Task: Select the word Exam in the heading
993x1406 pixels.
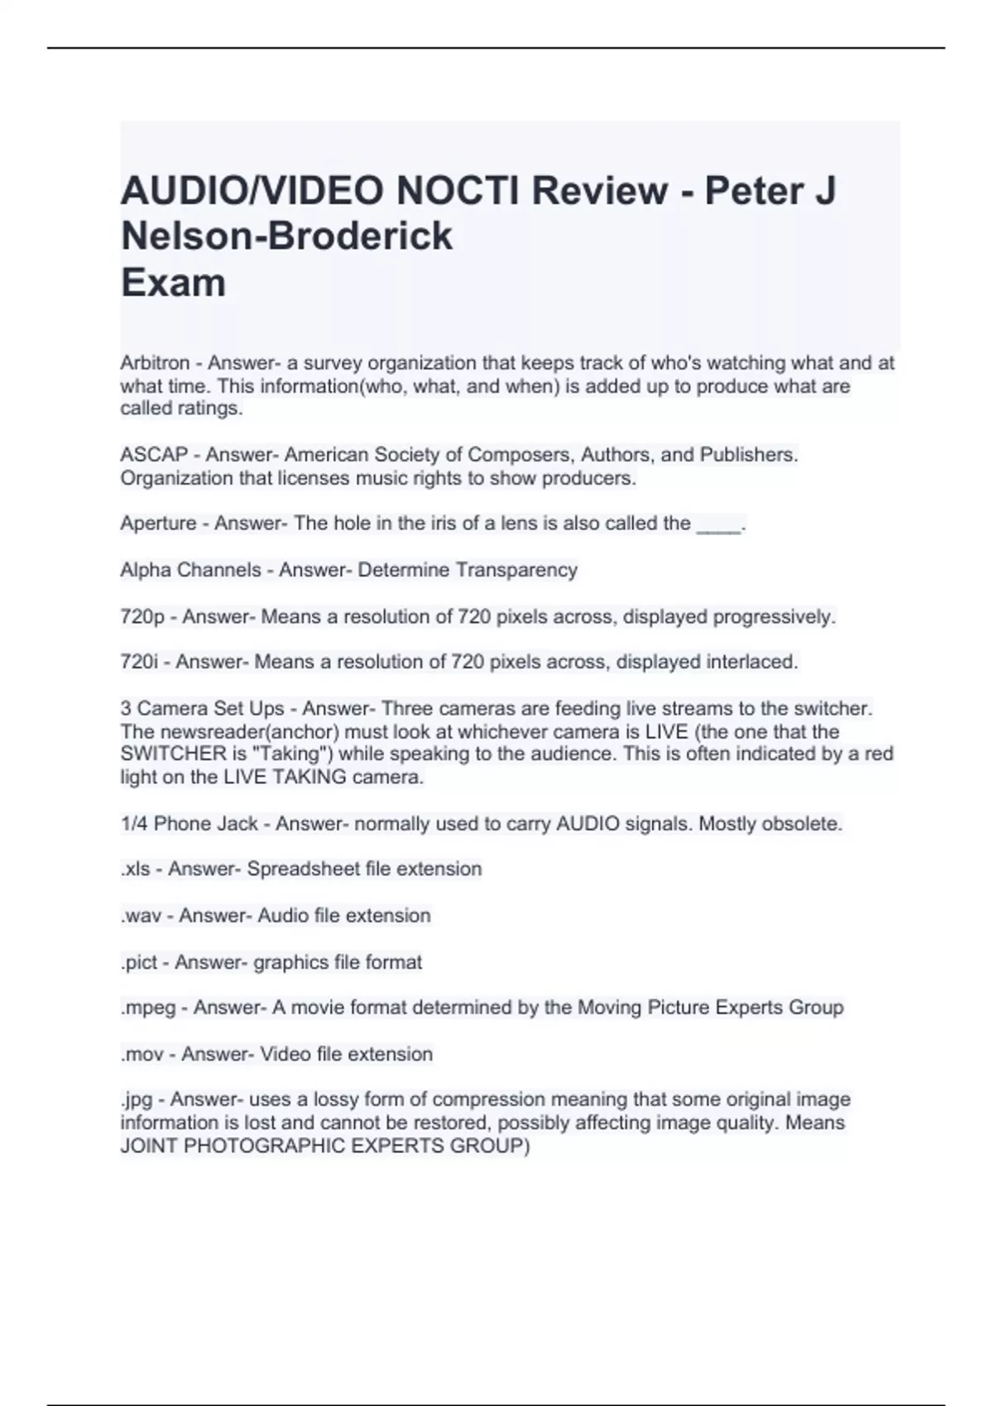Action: click(173, 283)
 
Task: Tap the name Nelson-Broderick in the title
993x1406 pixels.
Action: click(286, 237)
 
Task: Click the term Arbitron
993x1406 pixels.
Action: click(155, 363)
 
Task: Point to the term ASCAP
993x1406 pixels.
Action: click(154, 455)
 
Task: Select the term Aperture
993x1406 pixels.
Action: click(158, 524)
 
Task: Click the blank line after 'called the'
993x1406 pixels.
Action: click(718, 526)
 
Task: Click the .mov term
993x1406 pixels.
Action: click(142, 1054)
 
